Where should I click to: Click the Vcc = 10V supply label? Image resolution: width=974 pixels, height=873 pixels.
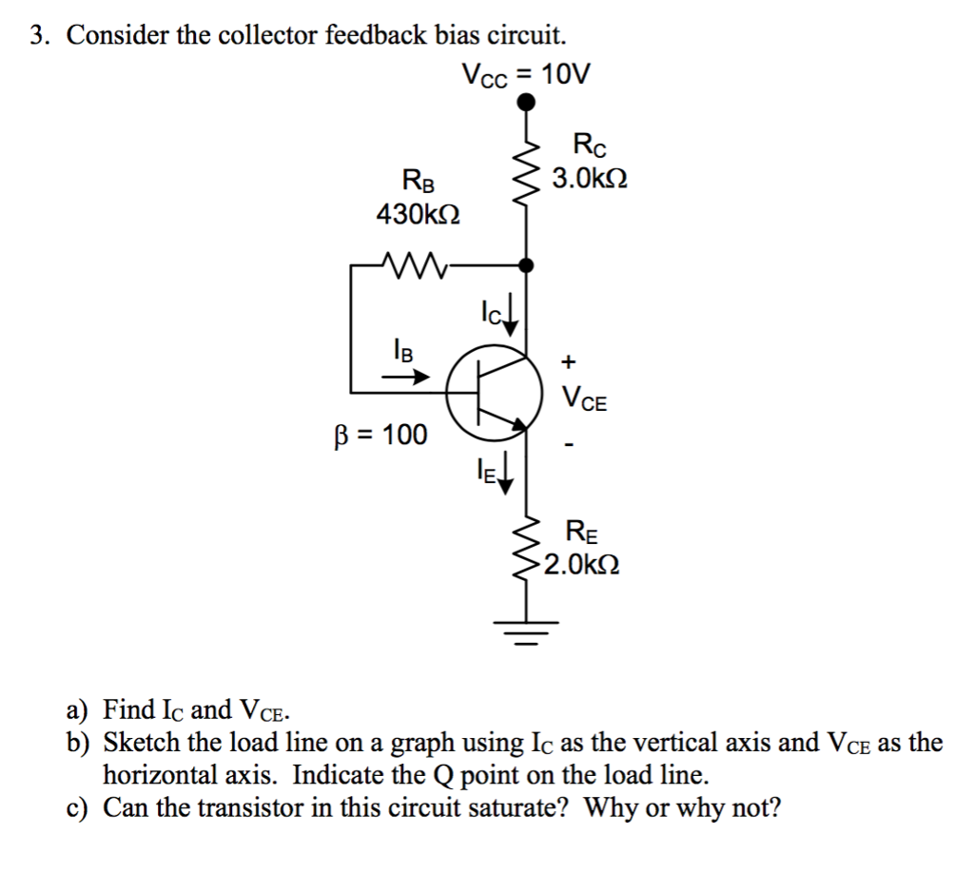click(525, 73)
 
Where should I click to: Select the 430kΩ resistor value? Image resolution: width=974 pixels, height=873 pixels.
click(419, 214)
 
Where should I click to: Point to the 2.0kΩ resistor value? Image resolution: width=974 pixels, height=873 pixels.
click(582, 565)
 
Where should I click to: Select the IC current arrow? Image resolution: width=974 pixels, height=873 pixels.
click(511, 322)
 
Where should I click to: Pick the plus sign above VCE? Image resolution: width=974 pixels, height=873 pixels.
click(569, 361)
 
